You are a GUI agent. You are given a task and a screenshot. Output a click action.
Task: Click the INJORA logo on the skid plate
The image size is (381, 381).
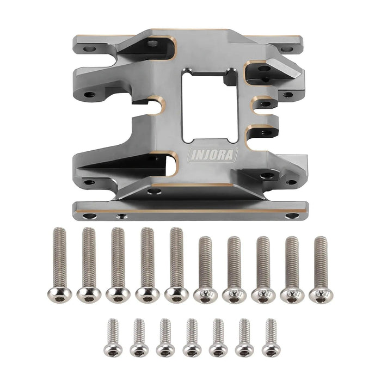(213, 155)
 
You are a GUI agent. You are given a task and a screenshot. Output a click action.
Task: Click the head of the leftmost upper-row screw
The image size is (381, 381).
(59, 294)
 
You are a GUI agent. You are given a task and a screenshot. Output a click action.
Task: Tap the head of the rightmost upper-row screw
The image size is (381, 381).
(321, 294)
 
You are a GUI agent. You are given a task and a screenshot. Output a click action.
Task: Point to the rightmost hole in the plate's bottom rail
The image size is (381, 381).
(293, 216)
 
